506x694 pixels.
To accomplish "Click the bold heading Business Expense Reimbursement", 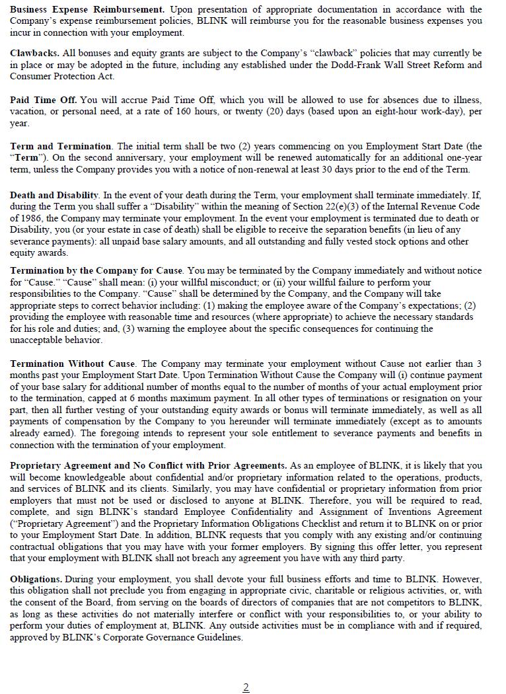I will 87,10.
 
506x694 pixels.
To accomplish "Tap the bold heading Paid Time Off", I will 44,100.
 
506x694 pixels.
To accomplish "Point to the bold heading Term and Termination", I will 61,146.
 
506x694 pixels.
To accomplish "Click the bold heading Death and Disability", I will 55,195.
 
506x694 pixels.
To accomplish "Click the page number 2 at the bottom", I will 246,687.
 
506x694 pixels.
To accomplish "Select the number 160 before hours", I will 184,112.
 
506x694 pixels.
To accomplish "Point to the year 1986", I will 32,218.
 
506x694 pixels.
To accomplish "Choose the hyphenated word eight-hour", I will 359,112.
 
